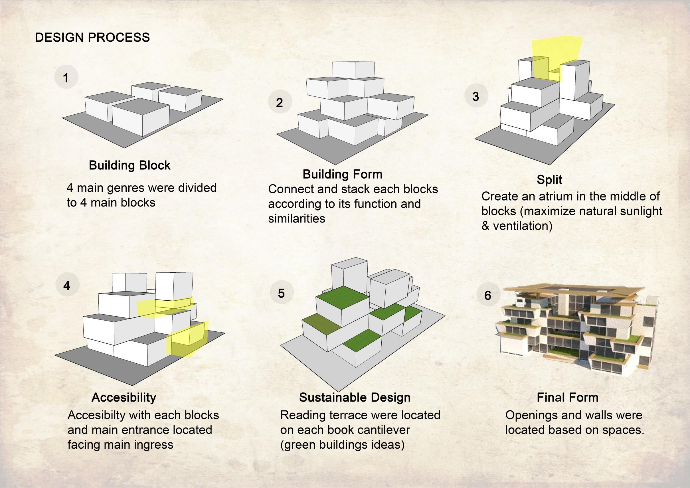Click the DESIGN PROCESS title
coord(92,38)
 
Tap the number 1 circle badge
coord(66,77)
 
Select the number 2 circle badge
coord(280,102)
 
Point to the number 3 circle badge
coord(476,96)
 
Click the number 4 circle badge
coord(67,285)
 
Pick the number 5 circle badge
coord(281,293)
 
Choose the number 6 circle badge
coord(488,295)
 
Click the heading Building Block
coord(129,165)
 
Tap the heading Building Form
coord(342,174)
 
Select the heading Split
coord(549,180)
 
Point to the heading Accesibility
coord(124,397)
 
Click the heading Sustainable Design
coord(355,397)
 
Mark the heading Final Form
coord(567,397)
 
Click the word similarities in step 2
coord(297,218)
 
